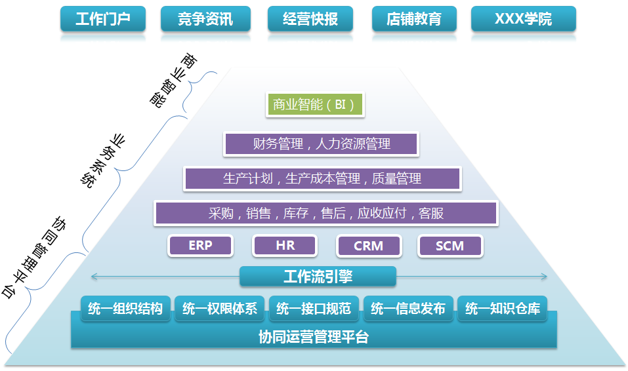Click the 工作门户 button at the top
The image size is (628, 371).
click(103, 19)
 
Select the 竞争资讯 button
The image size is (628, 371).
click(205, 19)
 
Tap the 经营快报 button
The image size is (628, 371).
click(310, 19)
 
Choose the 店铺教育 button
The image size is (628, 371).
click(414, 19)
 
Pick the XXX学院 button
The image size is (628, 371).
click(524, 19)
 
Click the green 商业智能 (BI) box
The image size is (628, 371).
click(315, 105)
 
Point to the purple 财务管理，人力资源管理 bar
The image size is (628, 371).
click(321, 144)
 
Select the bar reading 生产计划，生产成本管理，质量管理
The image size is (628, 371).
click(322, 178)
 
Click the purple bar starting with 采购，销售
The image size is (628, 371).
click(326, 213)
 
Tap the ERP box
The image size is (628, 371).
click(200, 245)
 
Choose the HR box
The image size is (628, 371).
click(285, 245)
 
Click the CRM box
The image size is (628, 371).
click(369, 246)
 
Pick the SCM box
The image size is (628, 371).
click(450, 246)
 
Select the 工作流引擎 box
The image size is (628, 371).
click(318, 276)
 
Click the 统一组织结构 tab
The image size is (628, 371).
click(125, 309)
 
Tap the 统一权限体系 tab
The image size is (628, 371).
click(219, 309)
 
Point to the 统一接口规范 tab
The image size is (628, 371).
click(314, 309)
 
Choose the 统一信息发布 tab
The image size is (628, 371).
click(408, 309)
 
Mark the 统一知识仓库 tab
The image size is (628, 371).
click(502, 309)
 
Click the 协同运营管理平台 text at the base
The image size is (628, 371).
click(314, 337)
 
